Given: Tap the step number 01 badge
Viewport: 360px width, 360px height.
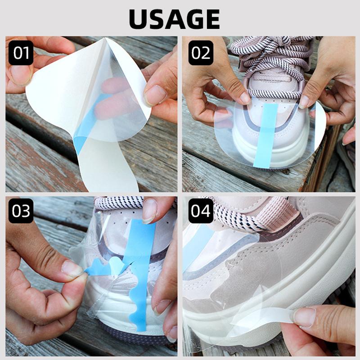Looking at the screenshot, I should click(21, 53).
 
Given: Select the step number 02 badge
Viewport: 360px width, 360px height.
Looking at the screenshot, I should click(201, 53).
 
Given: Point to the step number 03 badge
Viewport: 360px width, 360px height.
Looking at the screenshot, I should click(21, 211).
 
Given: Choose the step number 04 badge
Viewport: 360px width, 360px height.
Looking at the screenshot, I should click(201, 211).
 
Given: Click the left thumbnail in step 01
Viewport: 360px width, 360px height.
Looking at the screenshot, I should click(20, 74).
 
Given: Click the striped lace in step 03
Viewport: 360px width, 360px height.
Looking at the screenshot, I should click(119, 203).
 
